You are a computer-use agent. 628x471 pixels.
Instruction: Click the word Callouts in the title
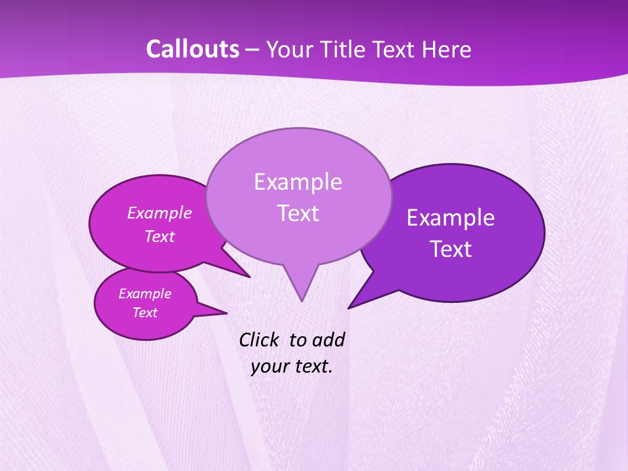coord(192,49)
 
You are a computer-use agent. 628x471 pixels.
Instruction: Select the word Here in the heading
coord(447,49)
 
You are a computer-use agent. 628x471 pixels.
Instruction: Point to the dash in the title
coord(253,49)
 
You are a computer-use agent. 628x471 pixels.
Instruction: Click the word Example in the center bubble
coord(298,181)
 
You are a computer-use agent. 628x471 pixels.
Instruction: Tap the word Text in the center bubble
coord(298,213)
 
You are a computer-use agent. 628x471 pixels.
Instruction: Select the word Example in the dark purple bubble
coord(451,217)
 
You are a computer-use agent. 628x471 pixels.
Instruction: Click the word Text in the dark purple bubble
coord(451,249)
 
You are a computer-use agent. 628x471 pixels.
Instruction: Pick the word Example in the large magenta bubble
coord(159,213)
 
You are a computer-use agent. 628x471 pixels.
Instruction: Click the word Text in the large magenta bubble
coord(159,236)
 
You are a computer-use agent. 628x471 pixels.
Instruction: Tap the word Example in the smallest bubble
coord(145,294)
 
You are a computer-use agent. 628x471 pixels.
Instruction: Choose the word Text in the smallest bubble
coord(145,313)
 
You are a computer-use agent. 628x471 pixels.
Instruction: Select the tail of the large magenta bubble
coord(235,267)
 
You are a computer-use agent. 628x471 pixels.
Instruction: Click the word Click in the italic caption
coord(259,340)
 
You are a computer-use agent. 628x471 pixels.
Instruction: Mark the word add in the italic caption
coord(328,340)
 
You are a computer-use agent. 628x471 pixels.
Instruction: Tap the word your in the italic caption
coord(268,366)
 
